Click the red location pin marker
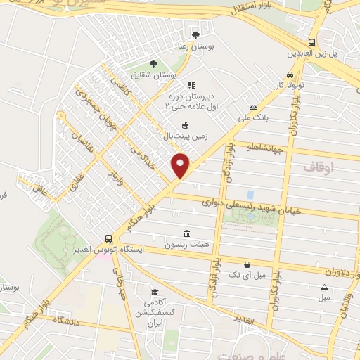point(181,165)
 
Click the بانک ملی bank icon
point(253,107)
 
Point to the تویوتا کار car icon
point(289,76)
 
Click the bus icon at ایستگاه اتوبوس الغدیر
point(108,238)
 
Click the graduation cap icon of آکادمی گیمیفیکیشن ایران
point(154,292)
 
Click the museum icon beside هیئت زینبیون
point(186,233)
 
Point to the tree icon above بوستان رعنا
point(195,34)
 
